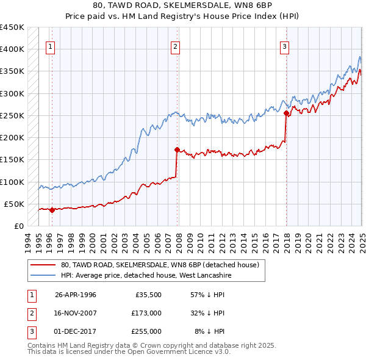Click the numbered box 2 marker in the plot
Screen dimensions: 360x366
tap(175, 46)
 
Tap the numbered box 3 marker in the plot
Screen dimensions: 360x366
tap(284, 46)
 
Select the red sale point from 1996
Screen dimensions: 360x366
tap(52, 211)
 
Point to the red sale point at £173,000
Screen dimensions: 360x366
tap(177, 149)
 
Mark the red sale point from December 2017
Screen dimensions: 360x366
tap(286, 113)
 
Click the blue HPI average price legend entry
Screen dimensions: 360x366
tap(146, 276)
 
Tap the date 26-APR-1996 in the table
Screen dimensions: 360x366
tap(76, 295)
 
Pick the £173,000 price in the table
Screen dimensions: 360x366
tap(146, 313)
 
